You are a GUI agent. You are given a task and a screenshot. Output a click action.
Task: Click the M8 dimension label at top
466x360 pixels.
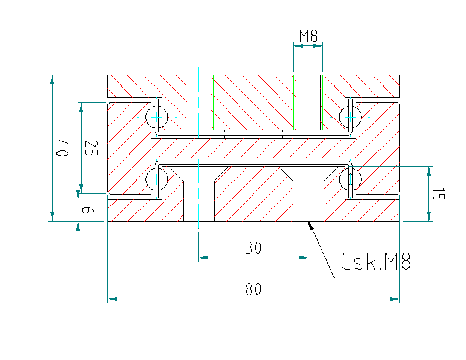pos(308,36)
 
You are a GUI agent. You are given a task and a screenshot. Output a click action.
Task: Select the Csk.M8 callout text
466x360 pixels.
pos(376,262)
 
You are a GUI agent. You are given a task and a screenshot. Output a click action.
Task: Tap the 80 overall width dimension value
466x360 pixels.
pos(253,290)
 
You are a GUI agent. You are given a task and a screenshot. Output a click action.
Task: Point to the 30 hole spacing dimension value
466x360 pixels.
pos(253,248)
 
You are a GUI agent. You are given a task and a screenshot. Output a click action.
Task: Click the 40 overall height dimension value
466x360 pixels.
pos(61,148)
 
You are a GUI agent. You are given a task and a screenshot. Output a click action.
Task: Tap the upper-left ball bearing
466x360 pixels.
pos(156,115)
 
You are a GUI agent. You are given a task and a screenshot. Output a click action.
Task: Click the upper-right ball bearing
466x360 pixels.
pos(350,115)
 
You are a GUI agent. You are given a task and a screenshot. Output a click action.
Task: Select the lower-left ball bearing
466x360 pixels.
pos(156,179)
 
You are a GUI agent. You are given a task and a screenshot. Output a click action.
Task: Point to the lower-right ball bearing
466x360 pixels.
pos(350,179)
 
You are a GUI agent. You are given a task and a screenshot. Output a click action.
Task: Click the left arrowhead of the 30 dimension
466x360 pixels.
pos(202,258)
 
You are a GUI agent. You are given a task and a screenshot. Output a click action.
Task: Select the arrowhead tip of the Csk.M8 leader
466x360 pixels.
pos(309,223)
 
